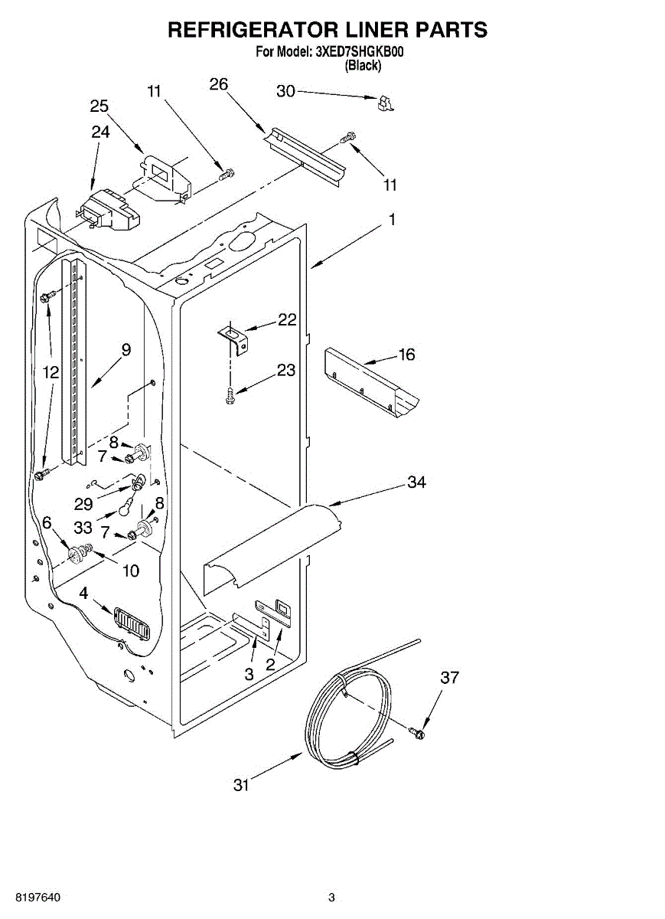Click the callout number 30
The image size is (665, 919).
tap(285, 91)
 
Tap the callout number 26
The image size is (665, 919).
tap(219, 84)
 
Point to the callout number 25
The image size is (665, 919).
tap(99, 106)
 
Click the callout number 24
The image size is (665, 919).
tap(100, 132)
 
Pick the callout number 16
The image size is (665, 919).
tap(406, 354)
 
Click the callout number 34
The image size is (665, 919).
tap(416, 482)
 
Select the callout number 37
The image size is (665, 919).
tap(450, 677)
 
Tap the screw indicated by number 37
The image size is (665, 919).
tap(418, 733)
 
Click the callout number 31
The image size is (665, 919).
tap(242, 784)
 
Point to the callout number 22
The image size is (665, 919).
tap(287, 320)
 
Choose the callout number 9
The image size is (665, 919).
tap(126, 349)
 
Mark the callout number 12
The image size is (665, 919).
tap(51, 373)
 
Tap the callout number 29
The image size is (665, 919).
tap(83, 504)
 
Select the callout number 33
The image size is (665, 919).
tap(83, 528)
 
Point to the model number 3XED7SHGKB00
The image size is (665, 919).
tap(359, 53)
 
